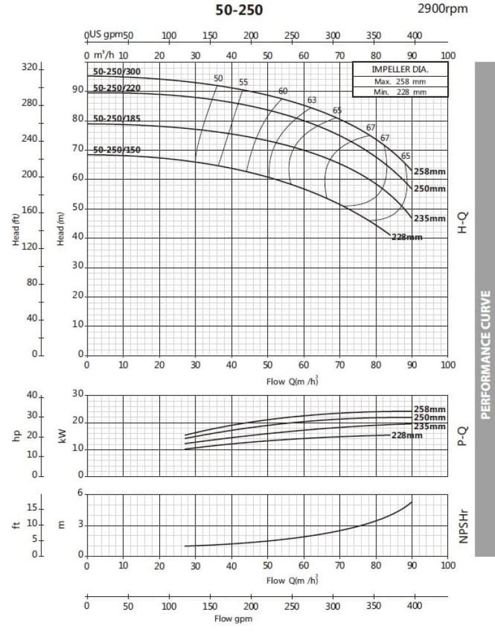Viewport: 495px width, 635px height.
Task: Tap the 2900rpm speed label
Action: [x=442, y=8]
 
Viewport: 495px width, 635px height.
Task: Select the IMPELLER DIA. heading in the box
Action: [x=400, y=69]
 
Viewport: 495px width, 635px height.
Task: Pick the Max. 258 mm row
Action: [x=400, y=81]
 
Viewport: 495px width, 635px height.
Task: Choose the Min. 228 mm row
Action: [x=400, y=91]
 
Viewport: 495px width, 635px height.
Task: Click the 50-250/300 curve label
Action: [x=117, y=72]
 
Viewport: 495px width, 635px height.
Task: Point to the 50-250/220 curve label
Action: [x=117, y=88]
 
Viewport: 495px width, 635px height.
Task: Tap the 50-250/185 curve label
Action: [x=117, y=119]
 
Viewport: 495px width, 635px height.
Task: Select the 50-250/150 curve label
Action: [x=117, y=150]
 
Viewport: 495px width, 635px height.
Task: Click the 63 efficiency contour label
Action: [x=312, y=100]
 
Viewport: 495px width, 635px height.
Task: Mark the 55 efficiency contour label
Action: [x=243, y=83]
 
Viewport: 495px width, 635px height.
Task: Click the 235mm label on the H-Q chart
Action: [x=430, y=218]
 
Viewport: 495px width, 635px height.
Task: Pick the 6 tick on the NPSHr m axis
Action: [x=80, y=493]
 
